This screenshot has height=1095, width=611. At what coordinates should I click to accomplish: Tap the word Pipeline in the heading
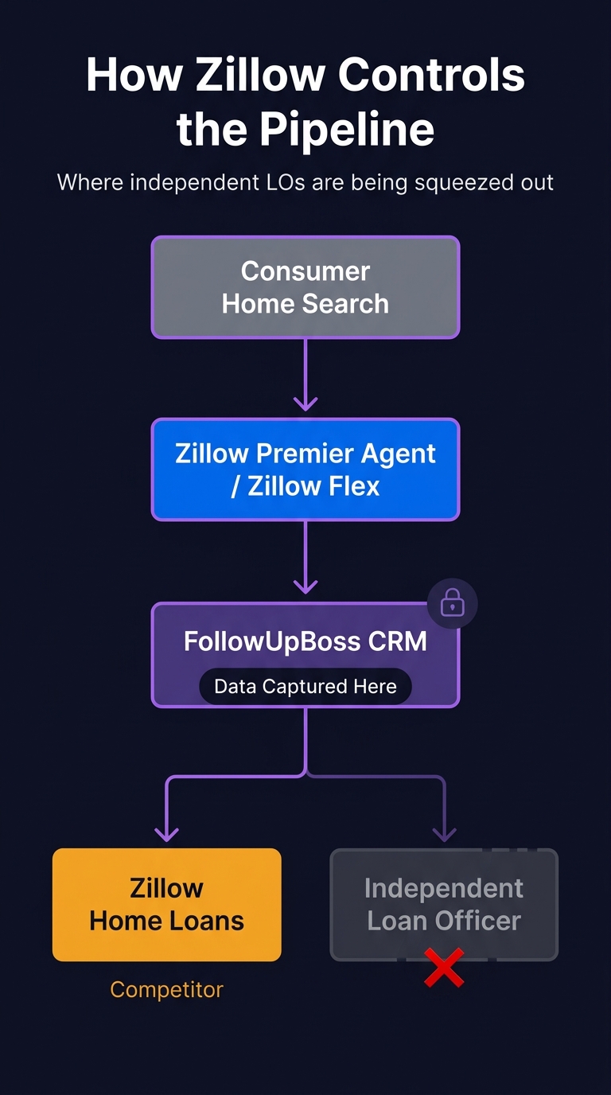348,129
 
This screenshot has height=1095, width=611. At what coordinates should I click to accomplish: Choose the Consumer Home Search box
305,287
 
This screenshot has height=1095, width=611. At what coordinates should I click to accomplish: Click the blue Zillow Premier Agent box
305,470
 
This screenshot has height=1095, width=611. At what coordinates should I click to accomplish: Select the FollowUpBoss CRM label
305,641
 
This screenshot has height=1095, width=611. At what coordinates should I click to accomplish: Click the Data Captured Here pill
305,687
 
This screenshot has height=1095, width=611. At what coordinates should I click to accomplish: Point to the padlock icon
452,604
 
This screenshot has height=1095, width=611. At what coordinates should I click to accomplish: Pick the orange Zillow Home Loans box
166,904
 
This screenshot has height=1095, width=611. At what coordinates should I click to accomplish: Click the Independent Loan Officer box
444,904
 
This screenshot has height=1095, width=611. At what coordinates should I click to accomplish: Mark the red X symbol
444,968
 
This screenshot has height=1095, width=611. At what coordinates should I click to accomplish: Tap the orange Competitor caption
166,989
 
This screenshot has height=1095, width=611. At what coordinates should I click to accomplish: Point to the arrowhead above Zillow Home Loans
166,832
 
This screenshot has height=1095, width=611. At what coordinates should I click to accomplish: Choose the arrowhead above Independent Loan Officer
444,832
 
